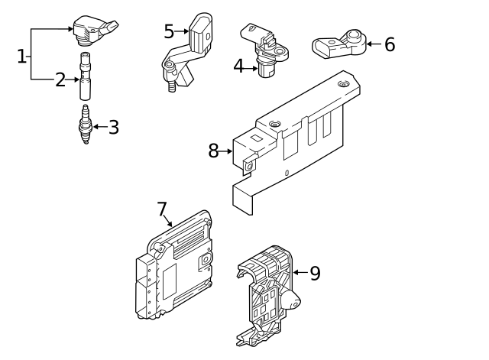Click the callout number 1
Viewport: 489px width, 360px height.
[x=21, y=56]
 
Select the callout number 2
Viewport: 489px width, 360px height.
[x=60, y=79]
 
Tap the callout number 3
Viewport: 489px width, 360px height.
[x=113, y=127]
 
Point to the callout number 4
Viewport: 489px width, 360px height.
[x=238, y=67]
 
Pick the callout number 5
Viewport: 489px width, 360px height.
[x=169, y=31]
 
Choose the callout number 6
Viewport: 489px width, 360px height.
[x=390, y=44]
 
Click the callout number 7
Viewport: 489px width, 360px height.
[x=161, y=208]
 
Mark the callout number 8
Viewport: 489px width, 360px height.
[x=213, y=151]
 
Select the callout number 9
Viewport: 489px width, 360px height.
[x=315, y=273]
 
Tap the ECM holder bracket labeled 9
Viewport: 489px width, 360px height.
[x=267, y=294]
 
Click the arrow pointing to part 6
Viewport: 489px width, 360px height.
[x=372, y=44]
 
